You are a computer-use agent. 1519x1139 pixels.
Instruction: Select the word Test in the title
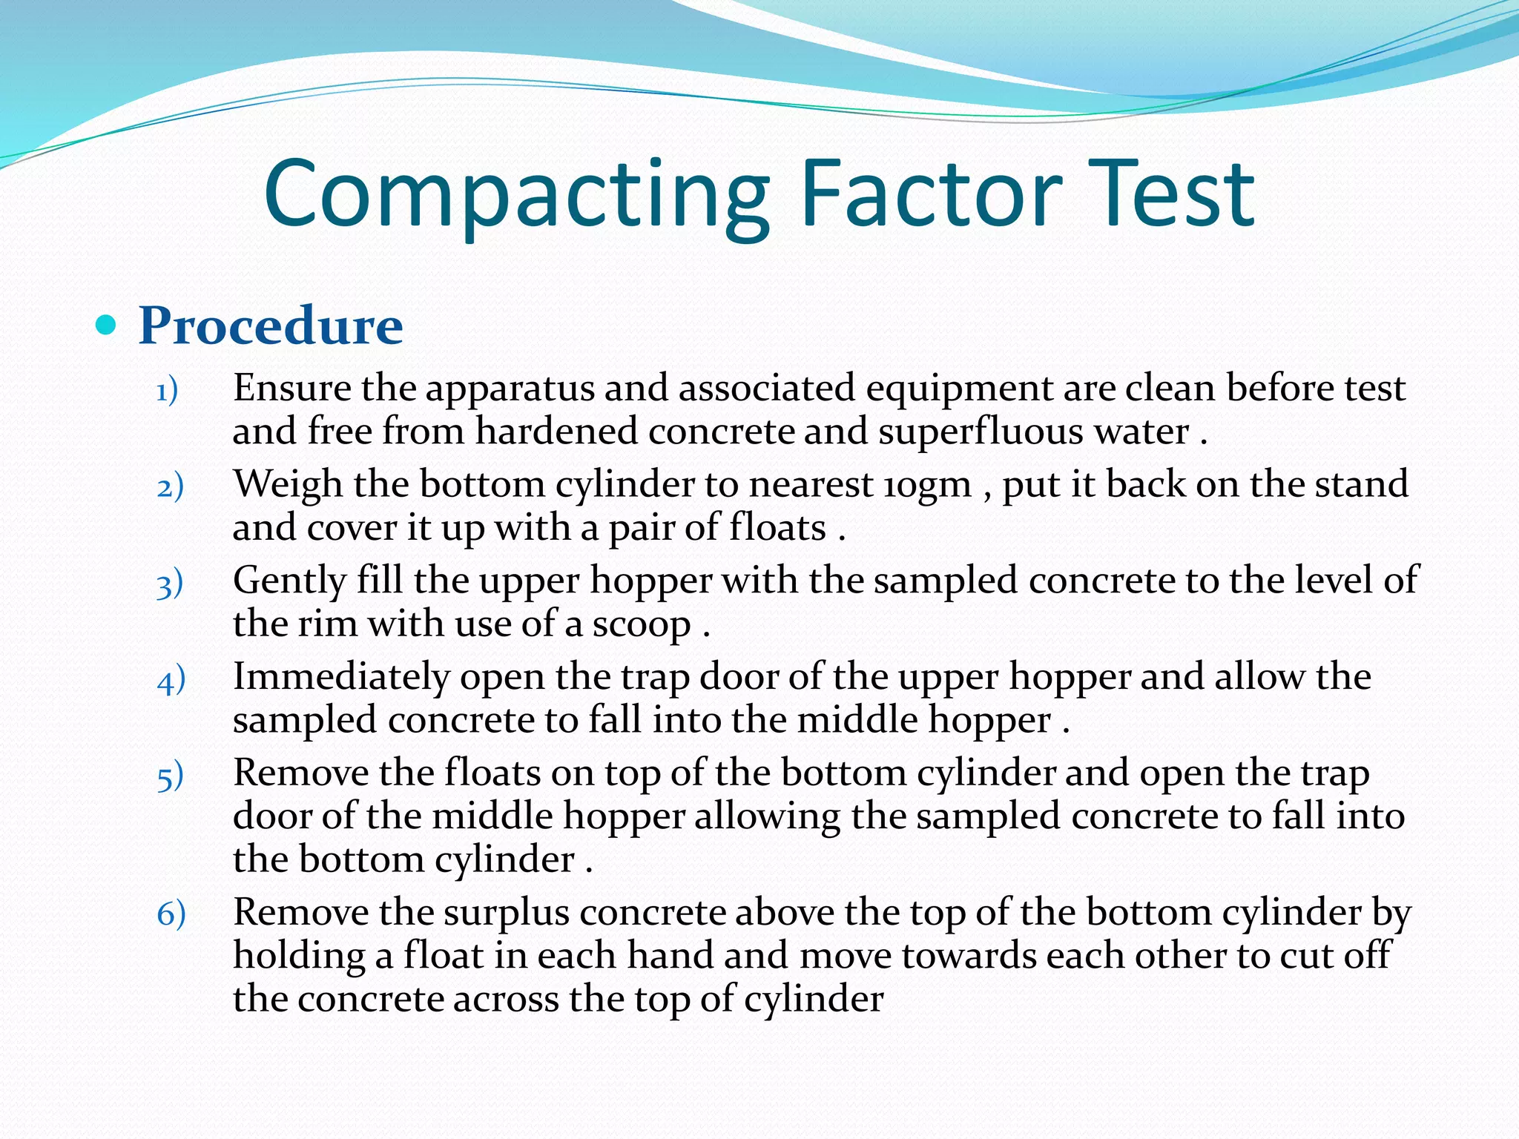[x=1173, y=194]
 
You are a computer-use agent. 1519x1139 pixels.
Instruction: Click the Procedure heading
[x=271, y=326]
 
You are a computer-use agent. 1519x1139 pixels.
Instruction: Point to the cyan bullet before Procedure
[x=107, y=325]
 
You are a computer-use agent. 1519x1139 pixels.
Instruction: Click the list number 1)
[x=168, y=391]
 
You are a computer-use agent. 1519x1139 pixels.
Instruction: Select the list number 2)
[x=170, y=487]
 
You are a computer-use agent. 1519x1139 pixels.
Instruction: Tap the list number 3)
[x=170, y=584]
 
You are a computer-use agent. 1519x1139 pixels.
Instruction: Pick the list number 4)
[x=171, y=681]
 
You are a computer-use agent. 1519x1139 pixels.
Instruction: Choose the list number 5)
[x=170, y=777]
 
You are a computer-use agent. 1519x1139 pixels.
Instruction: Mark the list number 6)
[x=171, y=914]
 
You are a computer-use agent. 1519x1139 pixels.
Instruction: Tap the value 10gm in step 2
[x=927, y=485]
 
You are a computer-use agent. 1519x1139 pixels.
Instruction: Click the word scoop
[x=641, y=624]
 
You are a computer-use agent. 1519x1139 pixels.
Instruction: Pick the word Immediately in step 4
[x=341, y=678]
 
